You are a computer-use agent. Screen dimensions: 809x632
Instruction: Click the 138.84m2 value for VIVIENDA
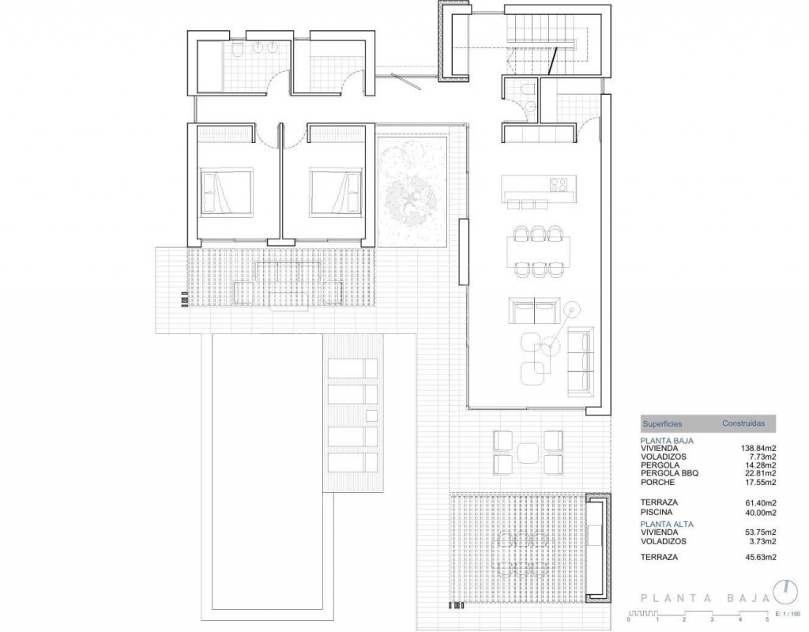coord(758,449)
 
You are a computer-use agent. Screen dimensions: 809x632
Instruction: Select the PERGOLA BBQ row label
coord(670,473)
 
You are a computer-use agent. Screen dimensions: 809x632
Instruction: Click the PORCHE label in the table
coord(658,483)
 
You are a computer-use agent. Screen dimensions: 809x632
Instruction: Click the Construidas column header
coord(743,423)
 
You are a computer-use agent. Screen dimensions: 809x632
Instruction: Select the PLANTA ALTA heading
coord(667,525)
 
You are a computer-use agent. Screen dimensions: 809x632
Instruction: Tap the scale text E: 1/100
coord(788,614)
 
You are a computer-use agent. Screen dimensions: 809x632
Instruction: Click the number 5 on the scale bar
coord(767,619)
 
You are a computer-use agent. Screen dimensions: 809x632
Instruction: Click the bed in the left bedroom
coord(227,191)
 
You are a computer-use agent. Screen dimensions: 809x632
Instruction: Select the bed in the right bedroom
coord(335,191)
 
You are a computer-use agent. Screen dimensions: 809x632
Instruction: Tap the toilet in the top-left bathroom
coord(237,51)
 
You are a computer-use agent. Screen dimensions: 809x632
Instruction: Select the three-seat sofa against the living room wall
coord(581,362)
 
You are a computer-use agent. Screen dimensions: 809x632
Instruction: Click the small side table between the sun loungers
coord(371,416)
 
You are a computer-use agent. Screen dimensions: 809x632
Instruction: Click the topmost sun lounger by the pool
coord(353,368)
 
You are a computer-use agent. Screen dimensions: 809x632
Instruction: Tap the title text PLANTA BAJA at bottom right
coord(706,599)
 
